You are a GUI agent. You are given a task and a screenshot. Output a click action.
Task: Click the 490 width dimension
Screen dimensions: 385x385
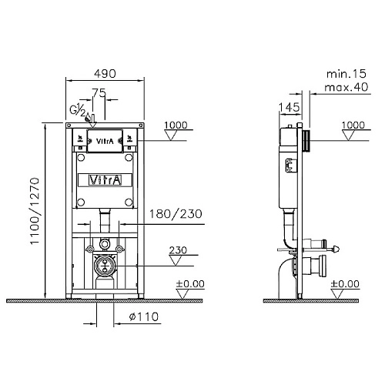pyautogui.click(x=105, y=74)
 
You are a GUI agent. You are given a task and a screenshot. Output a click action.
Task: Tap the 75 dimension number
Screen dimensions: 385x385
pyautogui.click(x=99, y=92)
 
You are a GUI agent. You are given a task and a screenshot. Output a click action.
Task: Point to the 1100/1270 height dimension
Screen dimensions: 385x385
pyautogui.click(x=35, y=211)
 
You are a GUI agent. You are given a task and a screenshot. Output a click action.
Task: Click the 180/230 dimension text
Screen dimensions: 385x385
pyautogui.click(x=176, y=214)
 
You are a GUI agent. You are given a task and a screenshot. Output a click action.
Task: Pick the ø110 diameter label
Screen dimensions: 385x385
pyautogui.click(x=144, y=316)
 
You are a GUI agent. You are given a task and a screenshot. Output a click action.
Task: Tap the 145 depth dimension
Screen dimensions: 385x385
pyautogui.click(x=290, y=107)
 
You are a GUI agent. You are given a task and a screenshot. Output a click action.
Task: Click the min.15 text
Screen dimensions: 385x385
pyautogui.click(x=346, y=74)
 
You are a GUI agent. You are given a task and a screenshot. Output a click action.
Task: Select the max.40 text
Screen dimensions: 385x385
pyautogui.click(x=346, y=87)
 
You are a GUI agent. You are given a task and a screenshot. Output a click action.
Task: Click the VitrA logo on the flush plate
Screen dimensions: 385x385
pyautogui.click(x=105, y=141)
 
